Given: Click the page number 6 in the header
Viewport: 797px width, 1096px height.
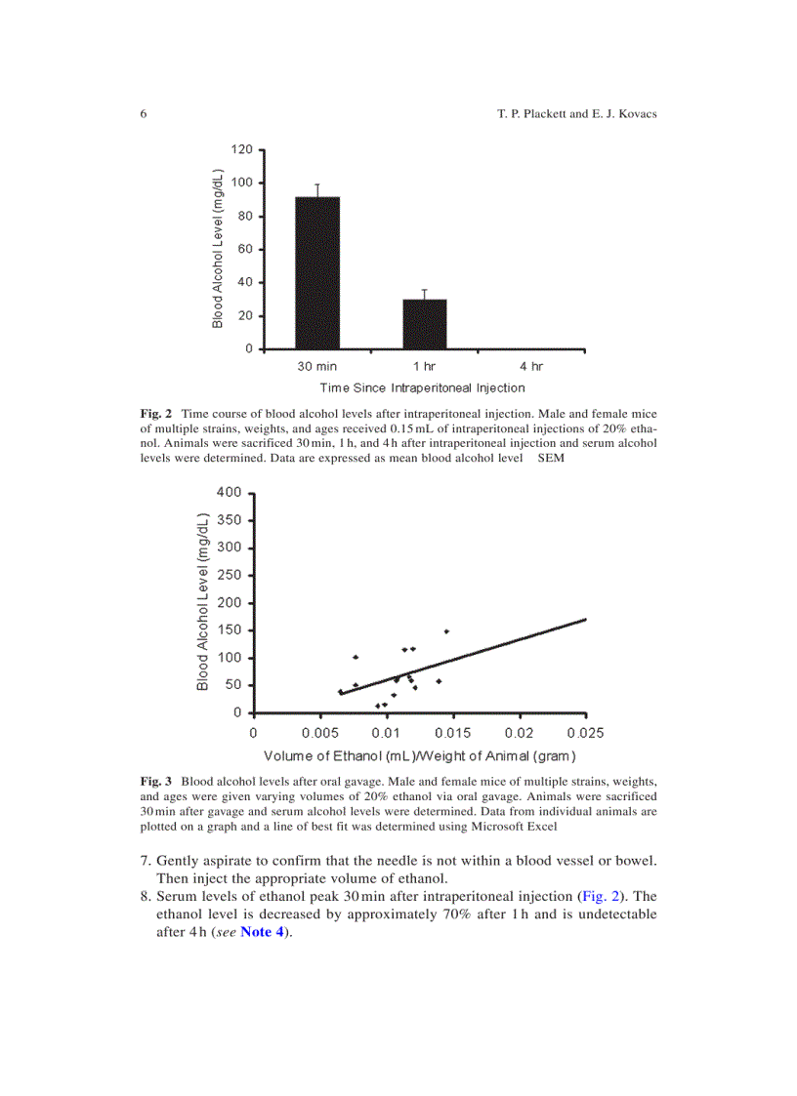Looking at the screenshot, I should click(x=144, y=114).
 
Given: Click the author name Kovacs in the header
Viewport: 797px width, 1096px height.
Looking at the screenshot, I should click(x=632, y=114).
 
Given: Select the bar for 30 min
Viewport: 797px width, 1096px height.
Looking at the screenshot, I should click(x=317, y=272).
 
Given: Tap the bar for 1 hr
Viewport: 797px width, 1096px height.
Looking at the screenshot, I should click(x=425, y=323).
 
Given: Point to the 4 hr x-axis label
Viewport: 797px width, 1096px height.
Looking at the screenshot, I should click(x=531, y=366).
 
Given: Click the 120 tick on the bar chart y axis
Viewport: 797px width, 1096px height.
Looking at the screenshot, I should click(x=242, y=149).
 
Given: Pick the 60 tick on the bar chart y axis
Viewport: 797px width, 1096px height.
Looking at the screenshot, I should click(x=246, y=249).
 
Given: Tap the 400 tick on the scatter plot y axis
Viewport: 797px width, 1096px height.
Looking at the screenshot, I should click(x=228, y=492).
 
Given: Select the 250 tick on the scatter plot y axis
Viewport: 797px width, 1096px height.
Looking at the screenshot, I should click(x=228, y=575).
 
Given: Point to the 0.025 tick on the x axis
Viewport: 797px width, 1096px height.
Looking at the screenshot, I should click(x=586, y=732).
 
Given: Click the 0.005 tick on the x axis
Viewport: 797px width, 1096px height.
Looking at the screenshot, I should click(x=320, y=732).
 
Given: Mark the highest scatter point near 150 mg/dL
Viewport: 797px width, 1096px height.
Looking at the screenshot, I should click(x=446, y=631).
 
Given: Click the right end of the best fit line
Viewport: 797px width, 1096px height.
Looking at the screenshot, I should click(x=586, y=619).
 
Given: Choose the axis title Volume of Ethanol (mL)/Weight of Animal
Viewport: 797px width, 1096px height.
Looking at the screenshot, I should click(x=420, y=756).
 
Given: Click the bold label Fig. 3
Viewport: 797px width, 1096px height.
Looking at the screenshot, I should click(x=156, y=782).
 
